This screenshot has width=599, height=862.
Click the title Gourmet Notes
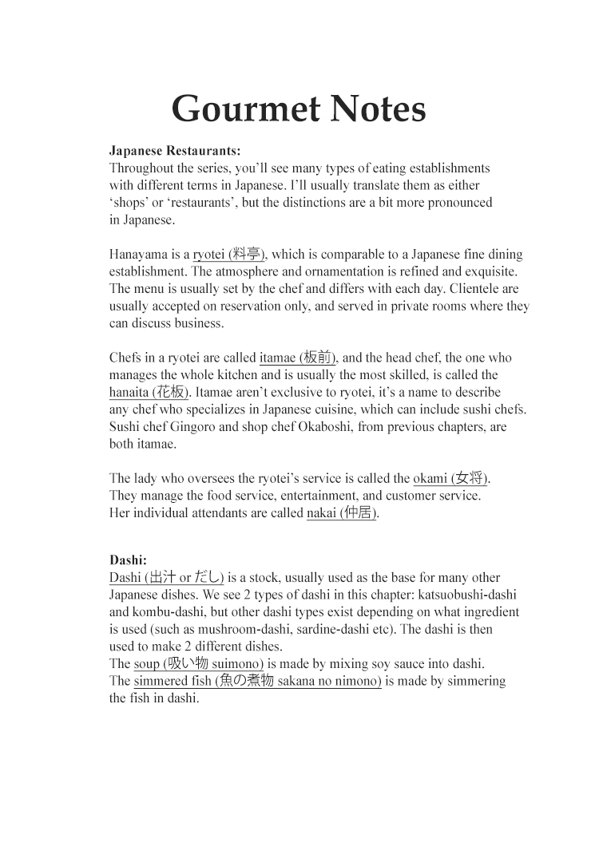(x=299, y=109)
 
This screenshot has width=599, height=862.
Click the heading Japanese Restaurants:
(x=174, y=150)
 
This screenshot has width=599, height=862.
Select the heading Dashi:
(x=128, y=560)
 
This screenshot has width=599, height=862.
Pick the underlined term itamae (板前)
(x=298, y=358)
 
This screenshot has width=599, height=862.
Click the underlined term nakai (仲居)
(x=342, y=513)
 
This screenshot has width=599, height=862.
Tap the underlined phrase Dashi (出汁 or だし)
(x=167, y=577)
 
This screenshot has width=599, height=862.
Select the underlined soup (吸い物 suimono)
(x=199, y=663)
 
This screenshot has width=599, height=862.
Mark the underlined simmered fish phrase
(x=257, y=681)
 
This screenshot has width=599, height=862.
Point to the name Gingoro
(x=198, y=427)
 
